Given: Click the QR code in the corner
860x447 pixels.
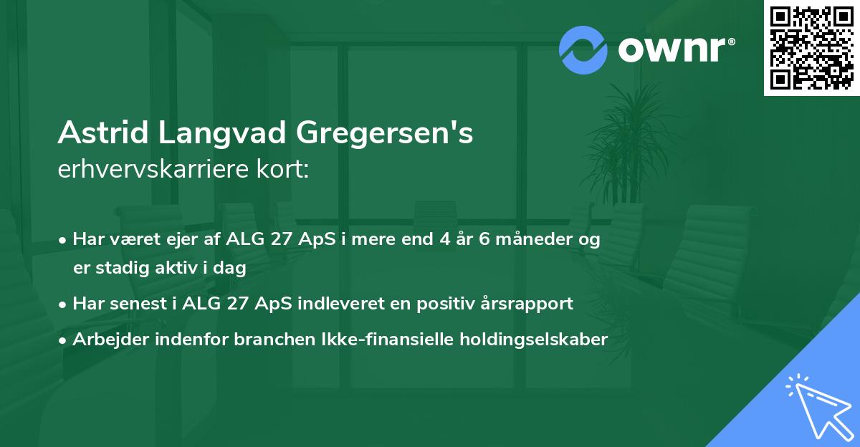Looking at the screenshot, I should [x=811, y=48].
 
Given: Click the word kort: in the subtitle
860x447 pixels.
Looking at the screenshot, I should [x=287, y=170].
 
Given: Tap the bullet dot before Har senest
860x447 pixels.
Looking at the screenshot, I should [x=63, y=304].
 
